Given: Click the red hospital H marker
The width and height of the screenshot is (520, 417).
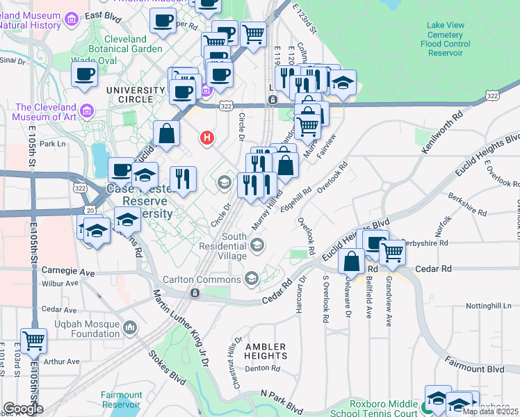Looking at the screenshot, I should click(206, 138).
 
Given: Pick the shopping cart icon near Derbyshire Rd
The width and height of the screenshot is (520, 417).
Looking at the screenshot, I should click(392, 252).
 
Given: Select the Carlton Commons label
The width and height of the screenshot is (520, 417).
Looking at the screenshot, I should click(202, 279).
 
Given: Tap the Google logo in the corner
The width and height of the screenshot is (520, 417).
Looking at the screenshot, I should click(23, 409).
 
